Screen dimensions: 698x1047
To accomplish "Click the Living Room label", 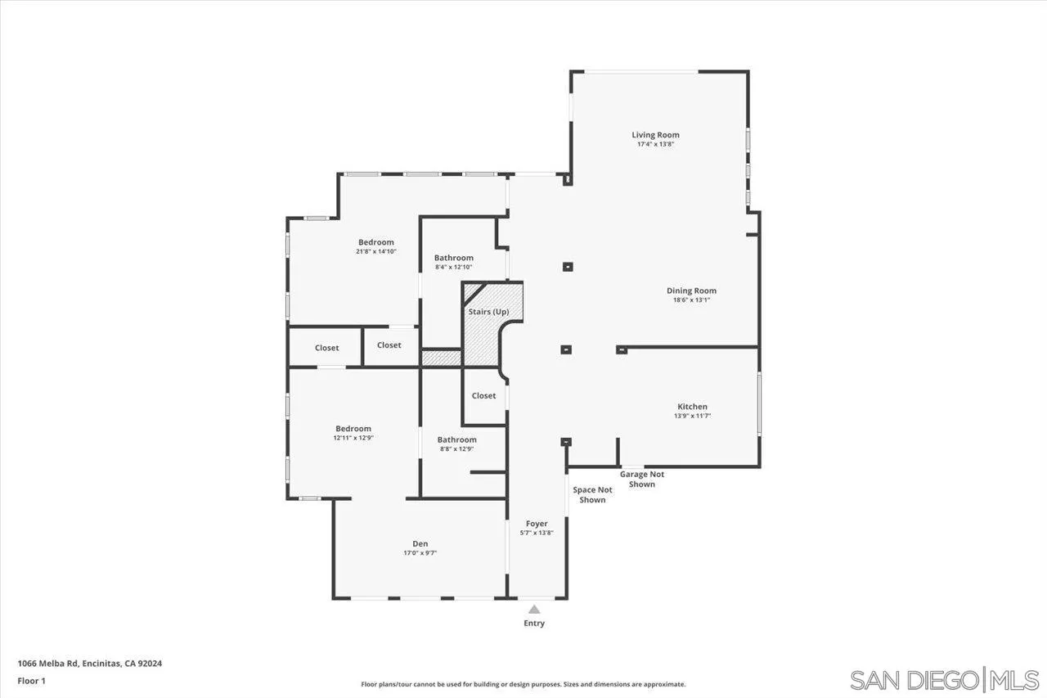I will (x=655, y=135).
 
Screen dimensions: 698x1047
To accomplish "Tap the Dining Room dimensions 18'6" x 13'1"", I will (x=691, y=300).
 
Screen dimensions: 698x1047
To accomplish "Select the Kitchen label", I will (x=692, y=407).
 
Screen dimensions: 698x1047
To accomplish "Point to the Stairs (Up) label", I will (x=488, y=312).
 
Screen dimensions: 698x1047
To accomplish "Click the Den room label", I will (x=420, y=544).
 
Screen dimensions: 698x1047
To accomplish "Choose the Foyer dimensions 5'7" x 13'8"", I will (x=537, y=533).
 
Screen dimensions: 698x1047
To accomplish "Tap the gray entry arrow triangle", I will (x=534, y=609).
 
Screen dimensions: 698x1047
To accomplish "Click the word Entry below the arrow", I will (x=534, y=624).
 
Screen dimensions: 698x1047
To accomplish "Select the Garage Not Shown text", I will (x=642, y=480).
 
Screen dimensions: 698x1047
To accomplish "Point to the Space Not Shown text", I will (x=592, y=495).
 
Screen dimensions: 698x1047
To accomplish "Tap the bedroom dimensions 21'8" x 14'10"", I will (x=375, y=252).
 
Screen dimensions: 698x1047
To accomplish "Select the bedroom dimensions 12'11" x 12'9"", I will (x=353, y=439).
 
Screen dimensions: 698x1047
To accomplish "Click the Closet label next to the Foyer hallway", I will (x=483, y=396).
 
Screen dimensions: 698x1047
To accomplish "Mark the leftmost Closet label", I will (x=326, y=348).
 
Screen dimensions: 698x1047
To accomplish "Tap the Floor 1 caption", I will (x=31, y=680).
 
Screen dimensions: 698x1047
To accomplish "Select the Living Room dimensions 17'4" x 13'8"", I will (x=655, y=144).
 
